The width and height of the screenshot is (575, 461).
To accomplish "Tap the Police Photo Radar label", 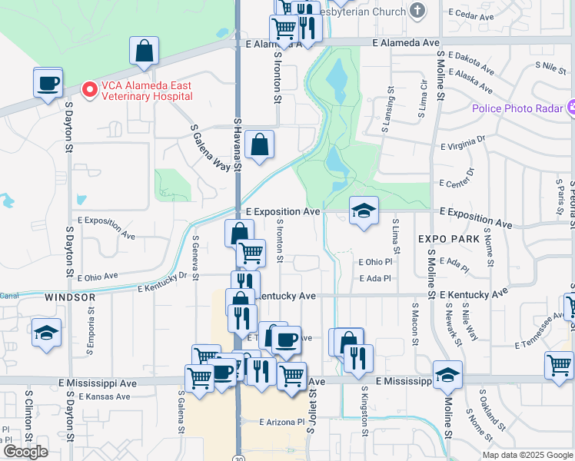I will [519, 108].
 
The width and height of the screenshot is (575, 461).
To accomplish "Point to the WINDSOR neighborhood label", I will [70, 297].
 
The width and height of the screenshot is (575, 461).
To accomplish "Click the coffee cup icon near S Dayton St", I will [48, 83].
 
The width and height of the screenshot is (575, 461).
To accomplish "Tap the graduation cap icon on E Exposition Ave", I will [364, 211].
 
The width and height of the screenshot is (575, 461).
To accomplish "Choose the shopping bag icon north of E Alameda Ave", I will [144, 51].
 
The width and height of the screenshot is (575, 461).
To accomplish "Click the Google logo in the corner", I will [25, 452].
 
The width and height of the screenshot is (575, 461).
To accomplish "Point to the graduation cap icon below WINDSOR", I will [46, 333].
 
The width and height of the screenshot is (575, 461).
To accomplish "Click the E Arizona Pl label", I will [283, 422].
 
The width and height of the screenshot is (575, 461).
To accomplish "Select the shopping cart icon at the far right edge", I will [559, 364].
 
